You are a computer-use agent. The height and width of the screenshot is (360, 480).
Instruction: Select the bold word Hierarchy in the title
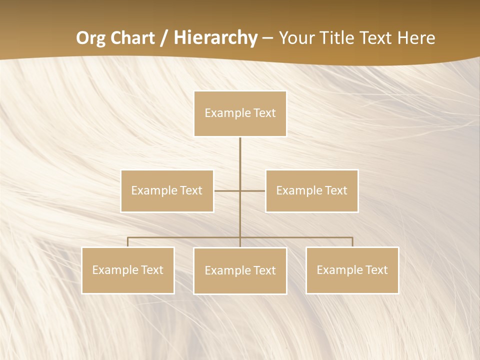215,38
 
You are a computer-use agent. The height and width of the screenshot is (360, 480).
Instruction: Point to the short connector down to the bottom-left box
128,242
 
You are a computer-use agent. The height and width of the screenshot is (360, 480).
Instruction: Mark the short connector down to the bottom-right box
352,242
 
